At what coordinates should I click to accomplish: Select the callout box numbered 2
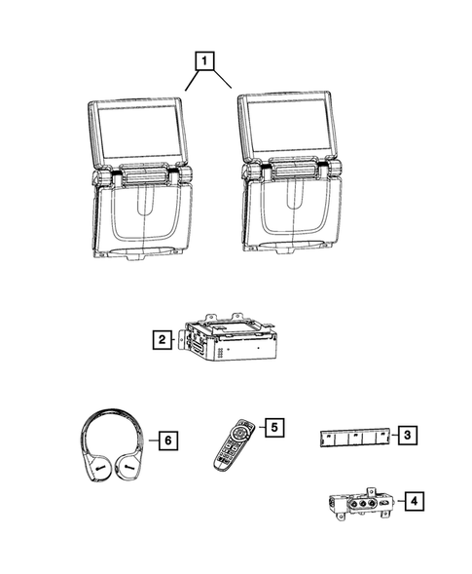coord(158,340)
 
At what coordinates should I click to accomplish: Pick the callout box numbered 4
coord(415,502)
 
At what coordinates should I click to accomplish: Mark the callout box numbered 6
coord(167,441)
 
